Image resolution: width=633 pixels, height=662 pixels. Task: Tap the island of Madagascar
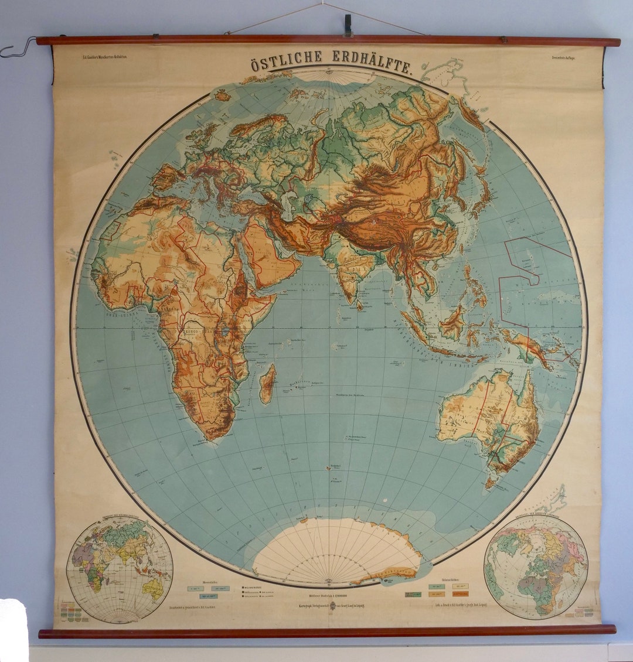tap(267, 383)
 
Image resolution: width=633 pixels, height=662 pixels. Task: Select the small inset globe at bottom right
tap(535, 565)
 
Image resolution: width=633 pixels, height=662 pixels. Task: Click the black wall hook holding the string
tap(348, 24)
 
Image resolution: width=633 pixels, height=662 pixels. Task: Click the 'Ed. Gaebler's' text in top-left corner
tap(105, 56)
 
